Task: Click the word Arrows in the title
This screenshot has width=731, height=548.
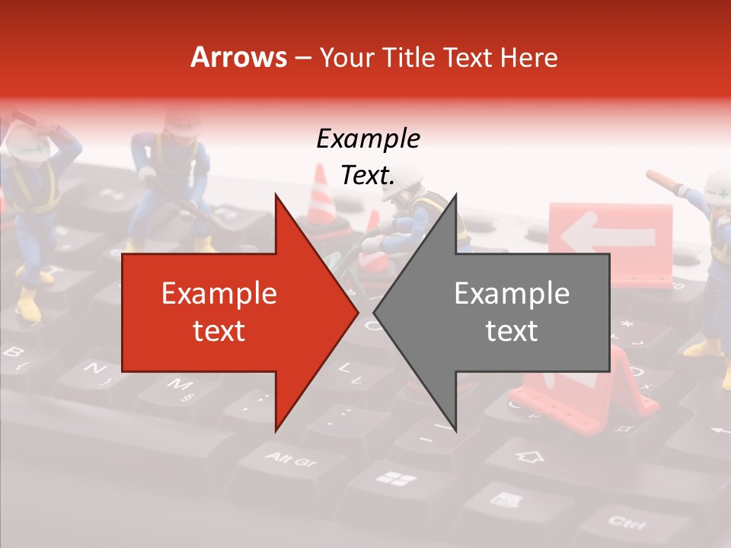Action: tap(239, 57)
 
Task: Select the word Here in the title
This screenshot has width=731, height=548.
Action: tap(529, 57)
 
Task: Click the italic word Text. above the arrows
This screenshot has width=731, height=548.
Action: tap(368, 176)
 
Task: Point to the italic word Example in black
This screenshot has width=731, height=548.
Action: tap(368, 139)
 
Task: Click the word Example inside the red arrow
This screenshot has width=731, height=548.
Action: tap(219, 294)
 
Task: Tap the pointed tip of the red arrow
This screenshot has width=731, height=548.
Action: tap(357, 312)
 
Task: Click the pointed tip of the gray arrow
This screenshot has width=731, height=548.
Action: tap(375, 312)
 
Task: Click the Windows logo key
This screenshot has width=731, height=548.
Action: tap(397, 479)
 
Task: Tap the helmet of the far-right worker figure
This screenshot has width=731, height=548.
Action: tap(719, 186)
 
